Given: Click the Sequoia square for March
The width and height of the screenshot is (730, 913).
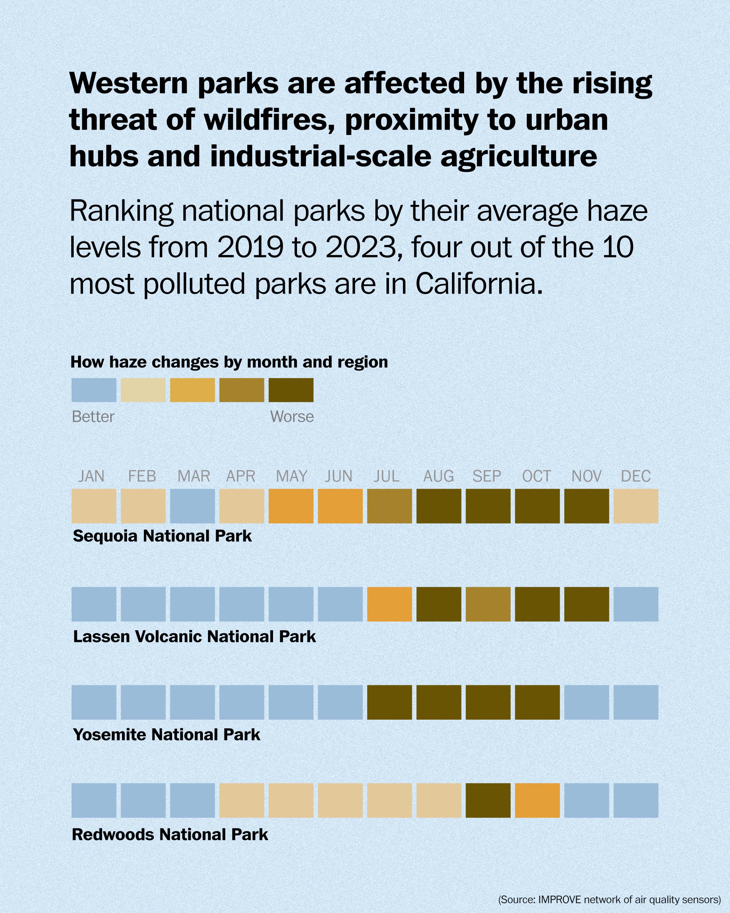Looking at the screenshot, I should click(192, 506).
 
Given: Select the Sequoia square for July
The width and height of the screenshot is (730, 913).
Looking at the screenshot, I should click(389, 506).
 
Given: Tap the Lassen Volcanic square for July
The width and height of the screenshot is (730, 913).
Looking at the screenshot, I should click(389, 604).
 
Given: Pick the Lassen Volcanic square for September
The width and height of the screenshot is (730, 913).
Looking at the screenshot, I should click(488, 604).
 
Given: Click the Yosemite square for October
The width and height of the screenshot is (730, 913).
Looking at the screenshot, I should click(537, 702).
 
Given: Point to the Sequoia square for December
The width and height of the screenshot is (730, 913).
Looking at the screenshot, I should click(636, 506).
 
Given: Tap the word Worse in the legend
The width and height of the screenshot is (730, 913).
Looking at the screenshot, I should click(292, 417).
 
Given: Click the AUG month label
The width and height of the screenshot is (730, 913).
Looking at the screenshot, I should click(438, 476).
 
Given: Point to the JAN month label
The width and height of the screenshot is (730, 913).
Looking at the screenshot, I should click(91, 476).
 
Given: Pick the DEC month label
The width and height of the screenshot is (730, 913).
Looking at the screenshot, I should click(635, 476).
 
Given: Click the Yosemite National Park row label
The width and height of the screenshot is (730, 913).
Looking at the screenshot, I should click(166, 735).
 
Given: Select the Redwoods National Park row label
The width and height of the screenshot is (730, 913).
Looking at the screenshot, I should click(170, 835).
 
